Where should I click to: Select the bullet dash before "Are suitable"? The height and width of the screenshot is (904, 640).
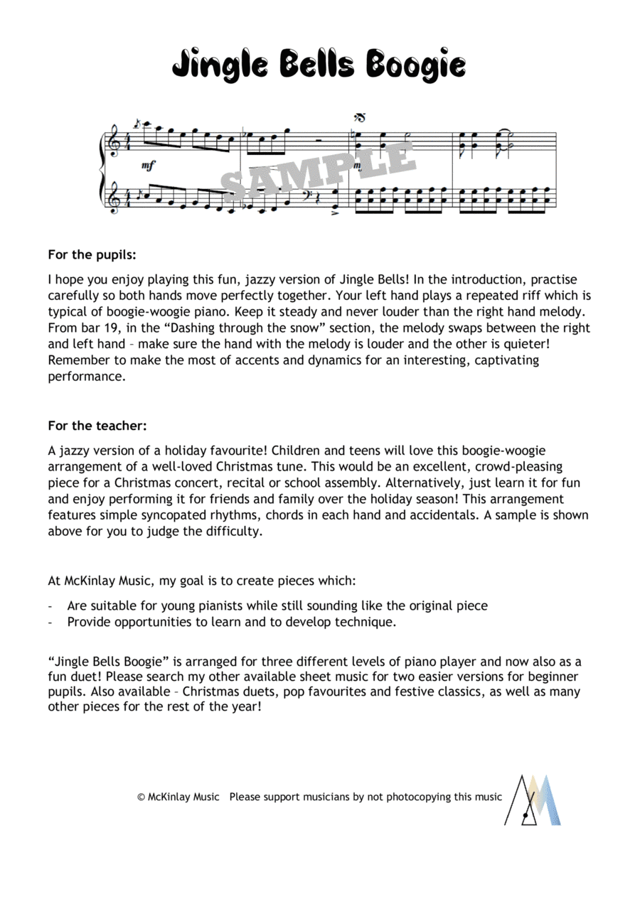click(x=50, y=606)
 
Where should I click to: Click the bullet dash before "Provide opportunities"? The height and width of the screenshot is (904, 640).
click(x=50, y=622)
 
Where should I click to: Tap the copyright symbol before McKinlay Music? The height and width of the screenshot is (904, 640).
click(x=142, y=797)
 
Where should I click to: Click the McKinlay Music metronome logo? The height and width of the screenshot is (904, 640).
click(x=533, y=800)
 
